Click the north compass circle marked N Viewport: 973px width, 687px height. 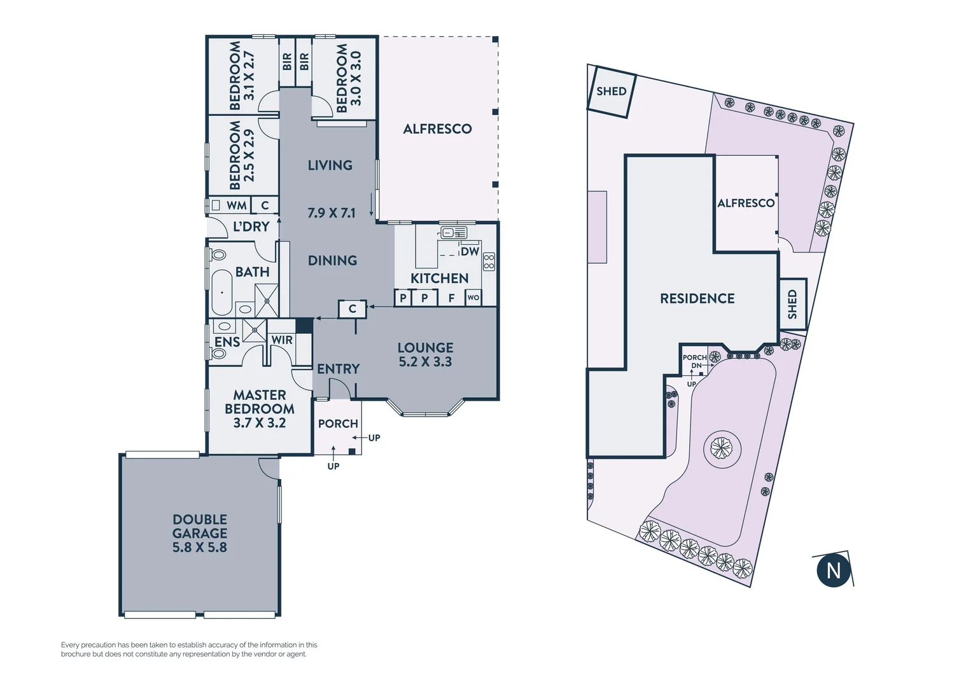click(x=833, y=570)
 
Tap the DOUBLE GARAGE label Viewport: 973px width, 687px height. click(x=200, y=533)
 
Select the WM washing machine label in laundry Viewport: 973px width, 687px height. click(x=236, y=205)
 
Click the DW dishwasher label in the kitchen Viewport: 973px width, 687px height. click(x=470, y=251)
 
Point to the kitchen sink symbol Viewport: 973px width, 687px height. click(x=454, y=232)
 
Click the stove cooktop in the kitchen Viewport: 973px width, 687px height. click(x=489, y=261)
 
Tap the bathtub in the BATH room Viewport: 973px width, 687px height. click(x=221, y=292)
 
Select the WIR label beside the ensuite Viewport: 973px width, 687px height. click(x=282, y=340)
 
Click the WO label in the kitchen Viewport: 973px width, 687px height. click(x=473, y=298)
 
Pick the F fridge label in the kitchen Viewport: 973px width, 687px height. click(x=451, y=298)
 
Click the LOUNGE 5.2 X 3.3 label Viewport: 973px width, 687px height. click(x=425, y=354)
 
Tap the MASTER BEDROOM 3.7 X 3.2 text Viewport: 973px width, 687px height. click(x=260, y=409)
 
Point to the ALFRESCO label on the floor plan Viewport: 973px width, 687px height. click(x=437, y=129)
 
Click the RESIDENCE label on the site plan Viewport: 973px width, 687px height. click(x=697, y=298)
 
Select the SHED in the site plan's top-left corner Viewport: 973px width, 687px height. click(x=611, y=92)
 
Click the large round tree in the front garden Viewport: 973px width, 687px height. click(x=722, y=449)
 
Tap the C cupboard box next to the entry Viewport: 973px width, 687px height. click(x=352, y=309)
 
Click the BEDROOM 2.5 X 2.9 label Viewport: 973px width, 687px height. click(x=242, y=155)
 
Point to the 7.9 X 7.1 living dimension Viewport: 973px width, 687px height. click(x=331, y=213)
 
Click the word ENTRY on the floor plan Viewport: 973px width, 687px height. click(x=338, y=369)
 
